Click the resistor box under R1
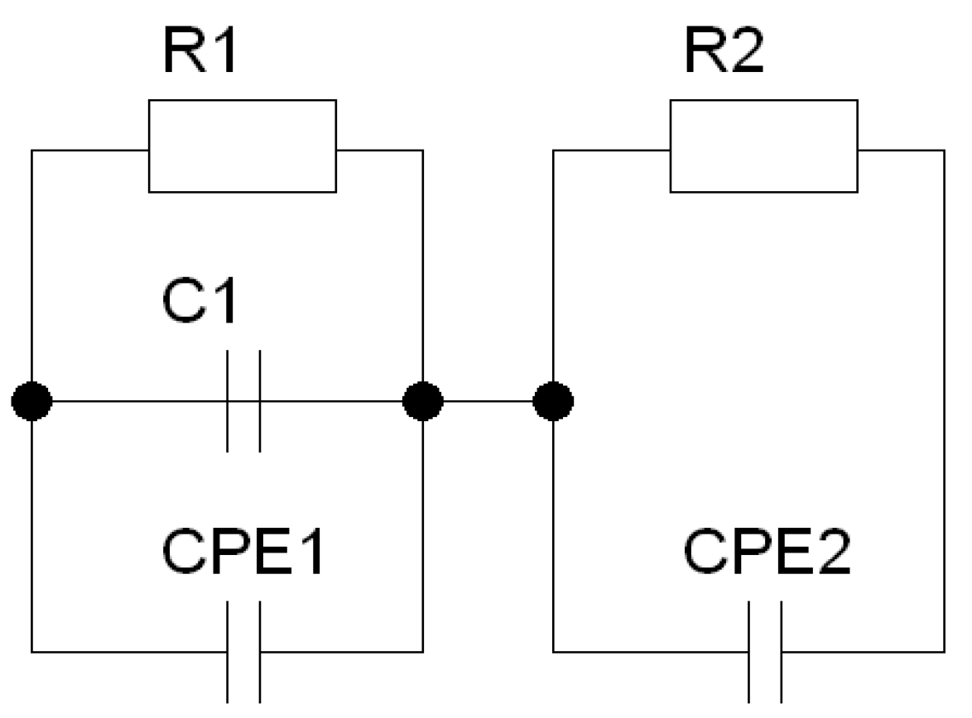click(242, 146)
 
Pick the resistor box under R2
click(764, 146)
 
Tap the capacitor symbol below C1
click(243, 402)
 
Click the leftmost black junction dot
click(32, 402)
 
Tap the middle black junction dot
click(423, 402)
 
